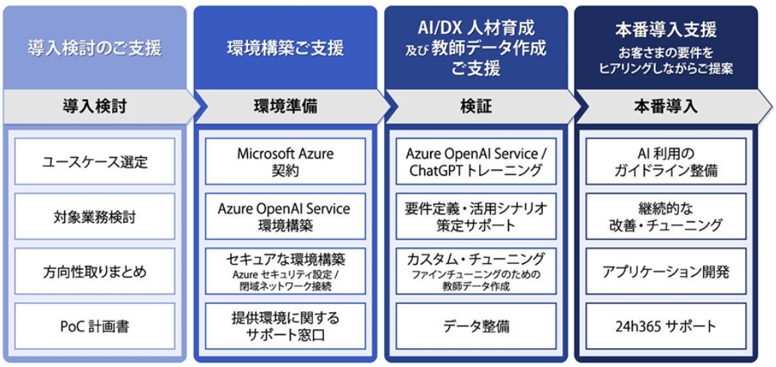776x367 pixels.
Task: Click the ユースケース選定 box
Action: tap(95, 161)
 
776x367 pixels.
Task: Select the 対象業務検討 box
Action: tap(95, 217)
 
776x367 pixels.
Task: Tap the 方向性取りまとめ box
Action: tap(95, 271)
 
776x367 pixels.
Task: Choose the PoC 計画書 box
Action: tap(95, 326)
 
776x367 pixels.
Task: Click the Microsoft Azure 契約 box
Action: tap(286, 161)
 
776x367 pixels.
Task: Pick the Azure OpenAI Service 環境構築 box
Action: tap(286, 217)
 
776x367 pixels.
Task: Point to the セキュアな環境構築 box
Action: tap(286, 271)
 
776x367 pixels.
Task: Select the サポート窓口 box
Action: tap(286, 326)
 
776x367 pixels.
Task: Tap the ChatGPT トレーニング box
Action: tap(476, 161)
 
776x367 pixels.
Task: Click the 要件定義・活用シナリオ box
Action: tap(476, 217)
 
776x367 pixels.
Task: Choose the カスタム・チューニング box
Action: tap(476, 271)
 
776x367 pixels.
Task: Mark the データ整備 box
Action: tap(476, 326)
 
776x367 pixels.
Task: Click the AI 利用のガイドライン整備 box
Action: tap(666, 161)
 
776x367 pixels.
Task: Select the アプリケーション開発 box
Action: tap(666, 271)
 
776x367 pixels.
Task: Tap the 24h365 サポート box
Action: tap(666, 326)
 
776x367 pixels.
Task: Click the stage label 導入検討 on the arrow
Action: tap(95, 107)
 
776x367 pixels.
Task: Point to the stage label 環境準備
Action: tap(286, 107)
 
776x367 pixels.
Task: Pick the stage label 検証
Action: tap(476, 107)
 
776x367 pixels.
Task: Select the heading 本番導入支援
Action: tap(666, 30)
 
